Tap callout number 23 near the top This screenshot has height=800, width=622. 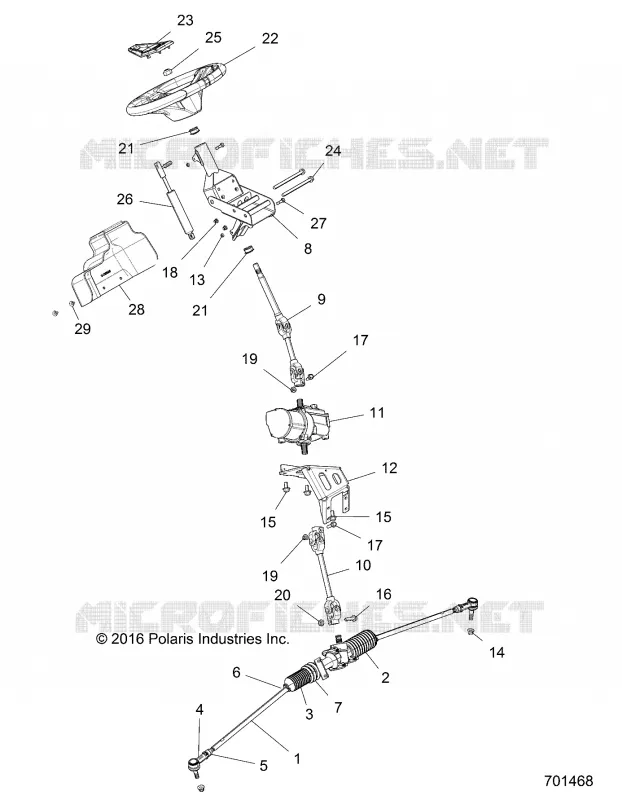click(x=185, y=20)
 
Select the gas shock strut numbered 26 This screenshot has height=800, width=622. click(x=176, y=199)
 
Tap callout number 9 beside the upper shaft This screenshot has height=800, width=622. click(x=321, y=299)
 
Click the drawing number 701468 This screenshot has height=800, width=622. click(x=568, y=781)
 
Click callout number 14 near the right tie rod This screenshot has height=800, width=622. click(x=496, y=652)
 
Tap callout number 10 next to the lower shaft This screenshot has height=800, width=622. click(x=363, y=565)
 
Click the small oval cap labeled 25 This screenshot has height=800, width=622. click(x=169, y=71)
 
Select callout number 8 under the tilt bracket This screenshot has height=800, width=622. click(x=307, y=248)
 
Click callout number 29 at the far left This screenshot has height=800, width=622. click(x=82, y=329)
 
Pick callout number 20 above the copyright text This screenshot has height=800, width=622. click(x=282, y=595)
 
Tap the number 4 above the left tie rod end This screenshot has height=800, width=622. click(x=200, y=710)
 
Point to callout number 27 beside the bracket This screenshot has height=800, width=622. click(x=318, y=223)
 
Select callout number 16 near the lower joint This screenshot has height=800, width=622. click(x=383, y=594)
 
